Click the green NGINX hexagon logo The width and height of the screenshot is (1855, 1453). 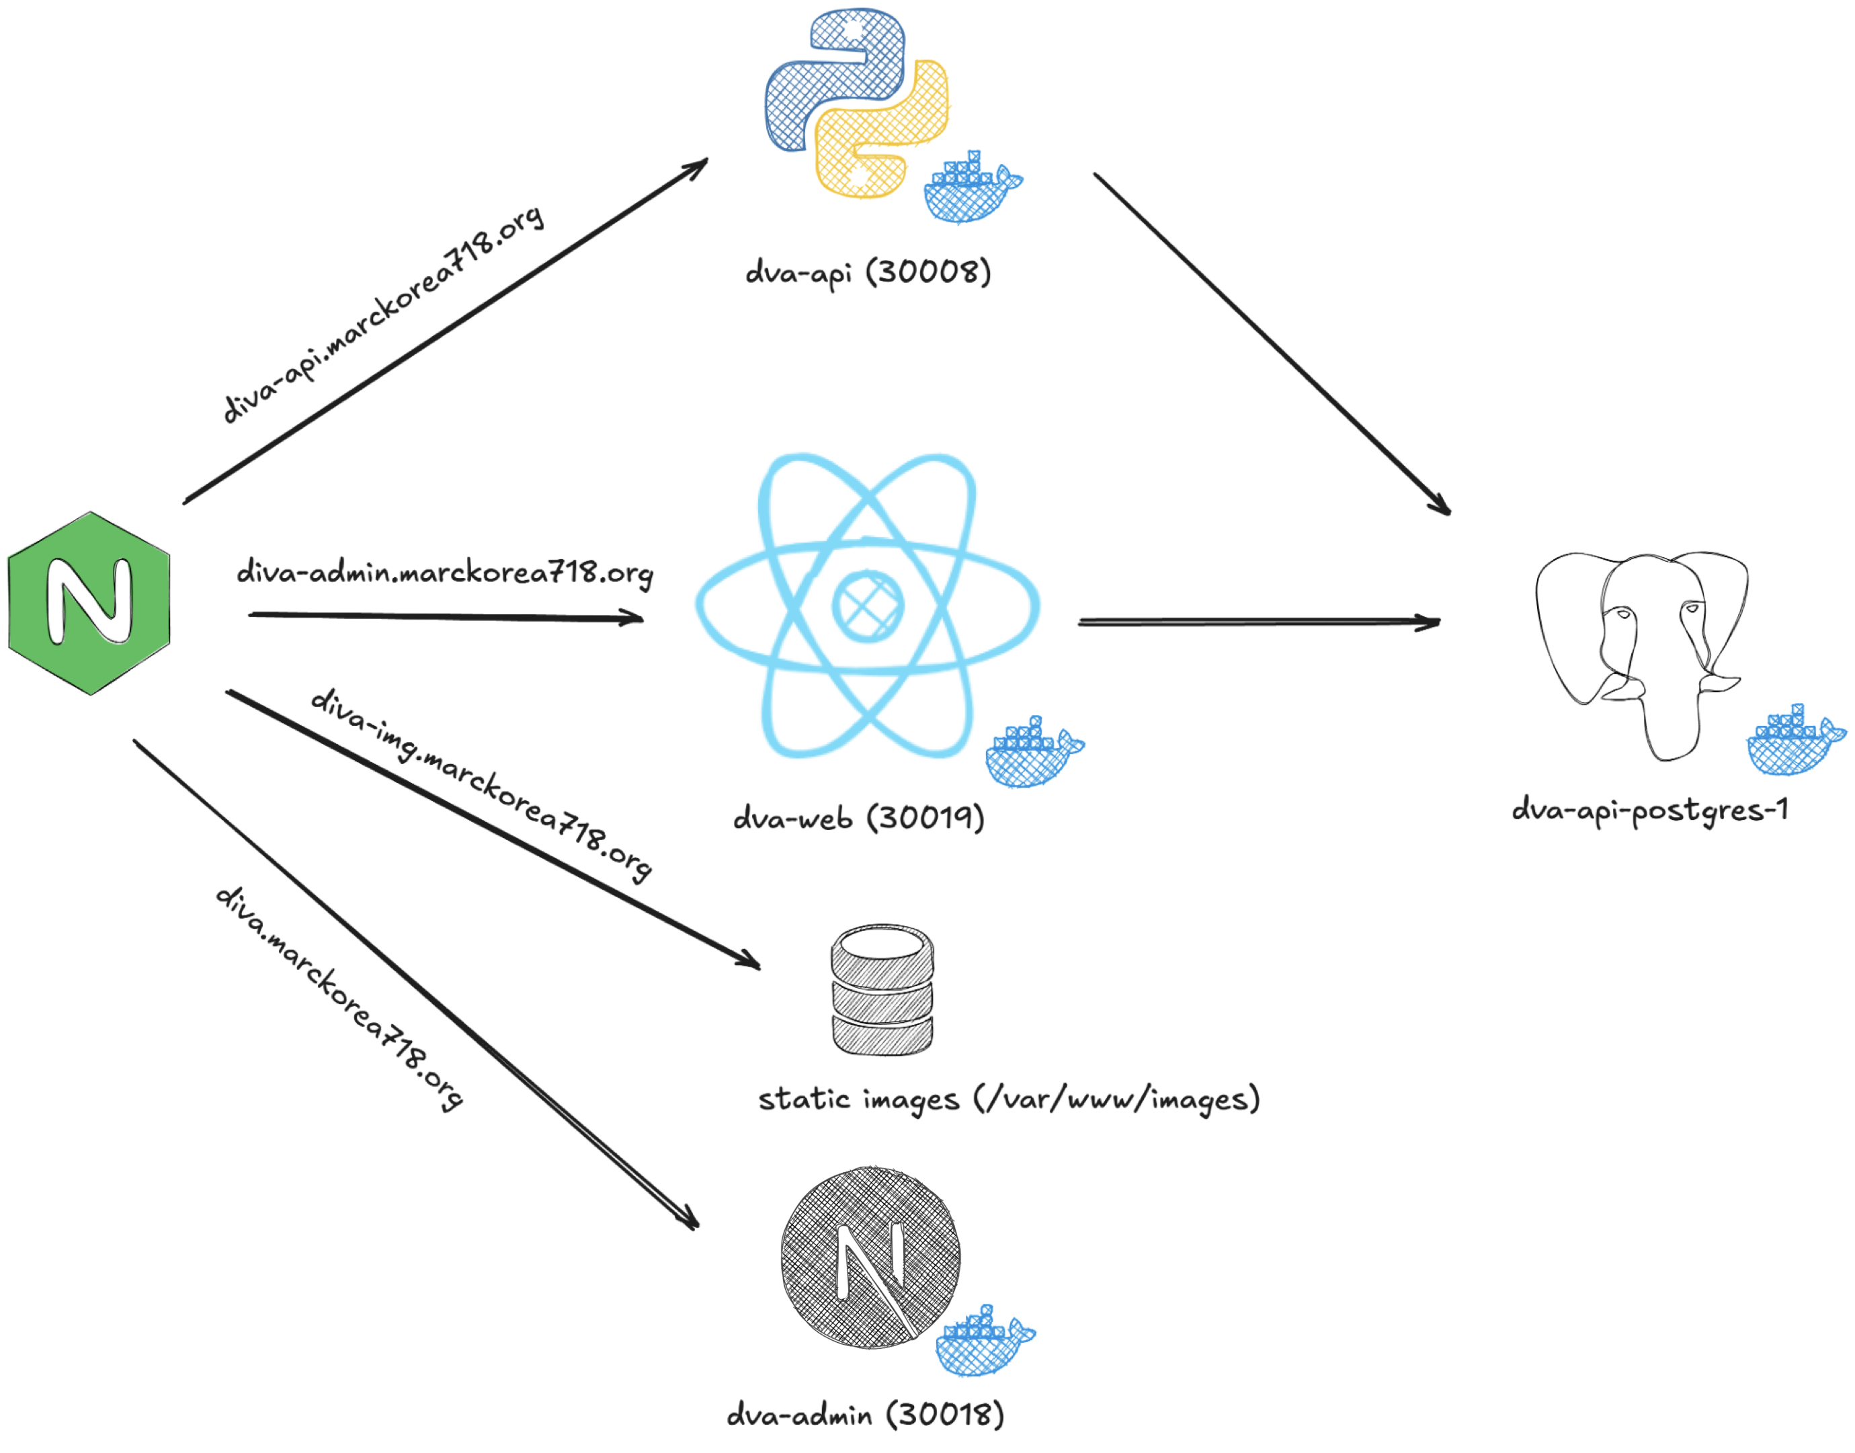89,602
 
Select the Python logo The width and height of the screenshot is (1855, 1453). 856,103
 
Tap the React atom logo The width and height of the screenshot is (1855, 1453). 868,606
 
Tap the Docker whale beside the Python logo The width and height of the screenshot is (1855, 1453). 972,188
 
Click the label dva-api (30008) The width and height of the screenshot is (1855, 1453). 868,273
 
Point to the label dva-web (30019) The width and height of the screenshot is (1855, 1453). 859,819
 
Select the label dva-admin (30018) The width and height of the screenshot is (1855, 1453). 866,1415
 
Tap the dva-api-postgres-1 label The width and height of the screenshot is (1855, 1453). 1650,810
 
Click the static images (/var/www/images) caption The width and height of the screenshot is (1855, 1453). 1009,1099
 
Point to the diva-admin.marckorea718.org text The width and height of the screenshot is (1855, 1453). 445,573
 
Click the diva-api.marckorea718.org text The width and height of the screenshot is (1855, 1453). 382,315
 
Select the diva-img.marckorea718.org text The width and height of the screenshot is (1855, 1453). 481,784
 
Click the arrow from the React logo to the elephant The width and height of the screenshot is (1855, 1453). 1259,623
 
